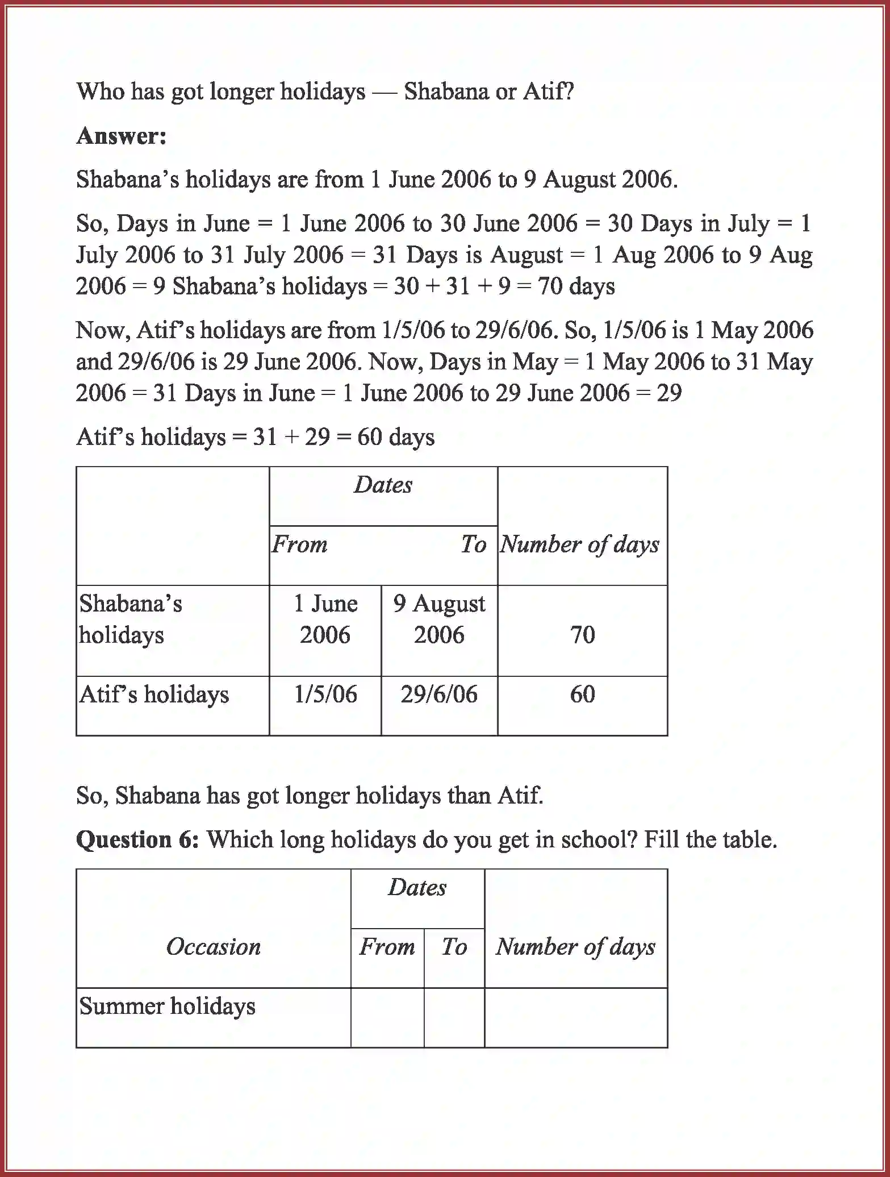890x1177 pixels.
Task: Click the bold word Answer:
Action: tap(121, 136)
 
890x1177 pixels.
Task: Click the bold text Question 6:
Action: tap(137, 839)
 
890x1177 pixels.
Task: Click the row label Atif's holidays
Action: tap(154, 694)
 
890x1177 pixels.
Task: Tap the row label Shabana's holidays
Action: tap(131, 619)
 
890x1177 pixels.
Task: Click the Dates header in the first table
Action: tap(383, 485)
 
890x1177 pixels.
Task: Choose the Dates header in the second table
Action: tap(417, 887)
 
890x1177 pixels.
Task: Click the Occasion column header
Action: tap(213, 947)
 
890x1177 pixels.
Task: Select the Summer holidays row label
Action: tap(167, 1006)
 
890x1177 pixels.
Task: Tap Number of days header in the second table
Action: tap(575, 947)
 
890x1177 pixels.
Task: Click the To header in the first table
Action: tap(473, 544)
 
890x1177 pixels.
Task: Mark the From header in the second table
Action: tap(387, 947)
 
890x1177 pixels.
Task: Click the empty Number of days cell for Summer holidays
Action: tap(575, 1017)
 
